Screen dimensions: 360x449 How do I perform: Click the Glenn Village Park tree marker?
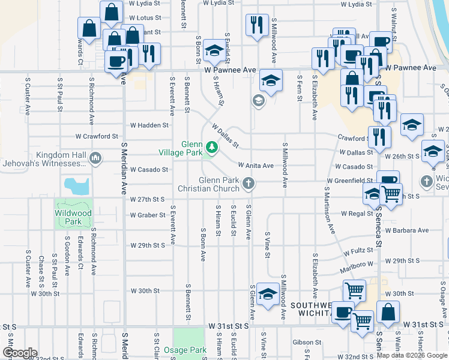pos(211,146)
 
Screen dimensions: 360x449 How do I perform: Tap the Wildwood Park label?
pos(73,217)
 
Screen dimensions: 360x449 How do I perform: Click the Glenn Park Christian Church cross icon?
pos(247,183)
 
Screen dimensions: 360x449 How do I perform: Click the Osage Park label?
pos(190,350)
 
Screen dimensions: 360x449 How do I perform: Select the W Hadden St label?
pos(149,125)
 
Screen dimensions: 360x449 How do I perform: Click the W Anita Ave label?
pos(256,166)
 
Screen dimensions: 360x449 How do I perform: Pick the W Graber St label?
pos(148,215)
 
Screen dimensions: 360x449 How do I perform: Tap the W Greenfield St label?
pos(350,181)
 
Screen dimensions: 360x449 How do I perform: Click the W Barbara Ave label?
pos(407,230)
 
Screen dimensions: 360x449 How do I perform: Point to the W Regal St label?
pos(357,214)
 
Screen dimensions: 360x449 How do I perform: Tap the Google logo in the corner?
pos(20,353)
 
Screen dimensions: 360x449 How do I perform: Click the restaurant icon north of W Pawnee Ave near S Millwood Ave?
pos(256,25)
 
